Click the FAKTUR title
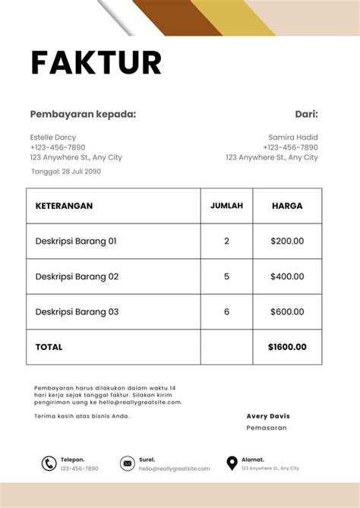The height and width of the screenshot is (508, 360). (96, 62)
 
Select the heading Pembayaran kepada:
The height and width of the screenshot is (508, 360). (83, 115)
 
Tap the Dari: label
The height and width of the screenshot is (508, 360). (306, 115)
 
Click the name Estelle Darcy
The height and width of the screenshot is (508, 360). (52, 137)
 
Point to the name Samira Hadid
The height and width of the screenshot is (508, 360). (293, 137)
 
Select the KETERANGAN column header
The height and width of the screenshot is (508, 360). (64, 206)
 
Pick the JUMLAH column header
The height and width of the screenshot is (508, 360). (226, 206)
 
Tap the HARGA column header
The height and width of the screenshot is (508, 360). (287, 206)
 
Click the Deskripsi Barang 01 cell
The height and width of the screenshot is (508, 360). (76, 241)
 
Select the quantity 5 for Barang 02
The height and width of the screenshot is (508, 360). (226, 276)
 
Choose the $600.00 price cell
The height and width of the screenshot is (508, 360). (287, 311)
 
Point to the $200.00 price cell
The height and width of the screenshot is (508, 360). (287, 241)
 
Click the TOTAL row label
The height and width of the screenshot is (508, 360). (49, 347)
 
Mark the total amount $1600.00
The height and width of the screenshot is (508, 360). (287, 347)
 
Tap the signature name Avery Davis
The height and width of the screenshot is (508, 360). (268, 416)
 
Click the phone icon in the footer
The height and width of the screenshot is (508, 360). (49, 463)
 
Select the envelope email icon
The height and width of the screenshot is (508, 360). (127, 463)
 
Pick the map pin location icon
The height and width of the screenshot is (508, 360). (232, 463)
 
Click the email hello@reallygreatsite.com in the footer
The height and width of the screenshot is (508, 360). (174, 469)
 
